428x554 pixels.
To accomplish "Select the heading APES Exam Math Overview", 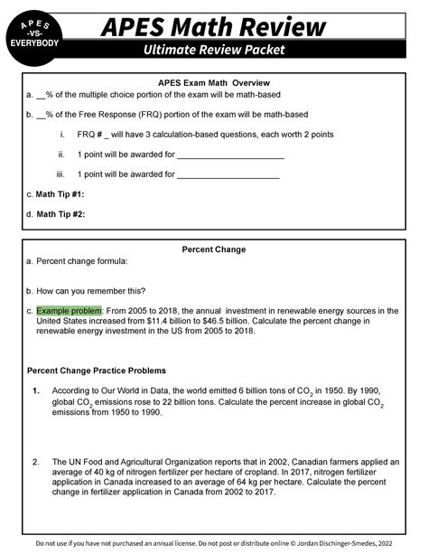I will coord(214,82).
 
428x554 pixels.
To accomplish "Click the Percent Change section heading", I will coord(214,249).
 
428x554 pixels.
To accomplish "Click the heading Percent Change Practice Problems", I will coord(97,371).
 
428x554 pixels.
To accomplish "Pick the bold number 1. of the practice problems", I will coord(35,391).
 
